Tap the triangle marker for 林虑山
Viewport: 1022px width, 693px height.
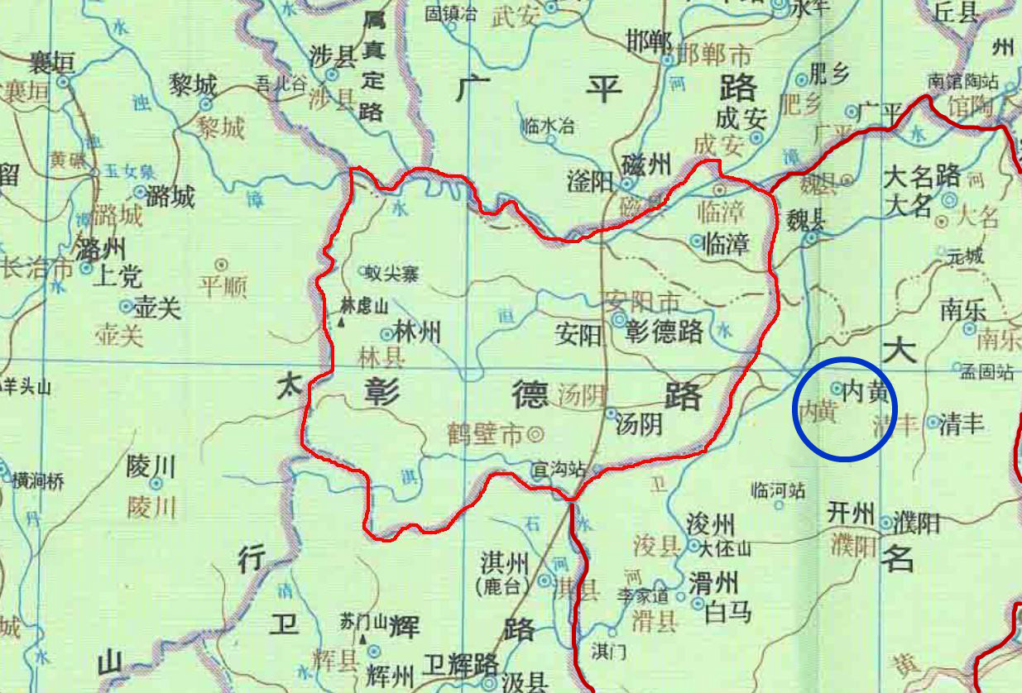tap(340, 322)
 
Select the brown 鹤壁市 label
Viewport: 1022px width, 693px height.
tap(485, 433)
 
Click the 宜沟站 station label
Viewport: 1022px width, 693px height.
tap(558, 470)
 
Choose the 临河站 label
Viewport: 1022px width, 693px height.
tap(777, 490)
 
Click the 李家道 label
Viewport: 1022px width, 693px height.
tap(642, 594)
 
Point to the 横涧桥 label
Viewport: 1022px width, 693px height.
tap(37, 480)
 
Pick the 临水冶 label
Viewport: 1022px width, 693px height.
tap(548, 127)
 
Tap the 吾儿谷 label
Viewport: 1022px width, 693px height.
tap(281, 83)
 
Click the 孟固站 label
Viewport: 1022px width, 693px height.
tap(986, 372)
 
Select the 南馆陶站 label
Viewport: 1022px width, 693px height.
tap(963, 82)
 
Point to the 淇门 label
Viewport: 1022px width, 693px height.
tap(609, 652)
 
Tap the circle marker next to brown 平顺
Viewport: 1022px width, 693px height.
tap(221, 265)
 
